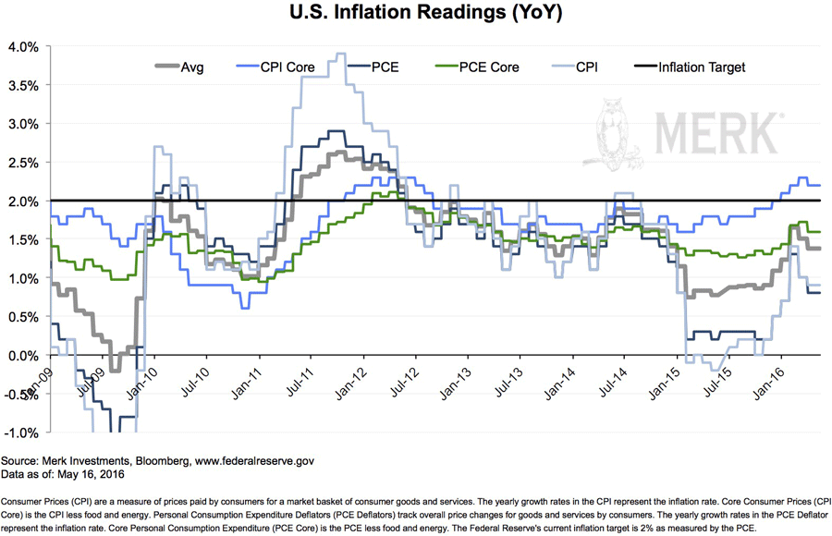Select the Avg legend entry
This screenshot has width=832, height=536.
click(181, 67)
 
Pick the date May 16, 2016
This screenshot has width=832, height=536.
click(95, 473)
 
